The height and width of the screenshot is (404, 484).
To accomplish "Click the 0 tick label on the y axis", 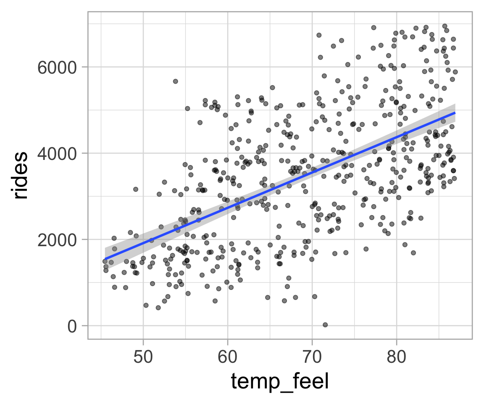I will [x=72, y=326].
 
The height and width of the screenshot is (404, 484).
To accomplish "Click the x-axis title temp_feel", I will [x=279, y=382].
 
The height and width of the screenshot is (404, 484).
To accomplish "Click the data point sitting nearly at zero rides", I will [x=325, y=324].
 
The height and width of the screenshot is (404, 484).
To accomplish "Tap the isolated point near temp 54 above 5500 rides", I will [x=176, y=81].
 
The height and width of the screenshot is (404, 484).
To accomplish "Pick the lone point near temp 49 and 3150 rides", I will [x=136, y=189].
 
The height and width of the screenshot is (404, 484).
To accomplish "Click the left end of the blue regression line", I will [x=105, y=259].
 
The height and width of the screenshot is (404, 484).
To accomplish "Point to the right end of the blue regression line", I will [x=455, y=113].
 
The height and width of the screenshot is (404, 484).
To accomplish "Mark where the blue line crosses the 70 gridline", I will [x=312, y=170].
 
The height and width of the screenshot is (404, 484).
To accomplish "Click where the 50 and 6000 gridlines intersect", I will [x=143, y=67].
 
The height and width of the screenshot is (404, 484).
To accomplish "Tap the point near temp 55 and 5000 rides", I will [x=187, y=109].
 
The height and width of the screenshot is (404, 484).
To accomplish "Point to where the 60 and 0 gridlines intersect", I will [x=227, y=326].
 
